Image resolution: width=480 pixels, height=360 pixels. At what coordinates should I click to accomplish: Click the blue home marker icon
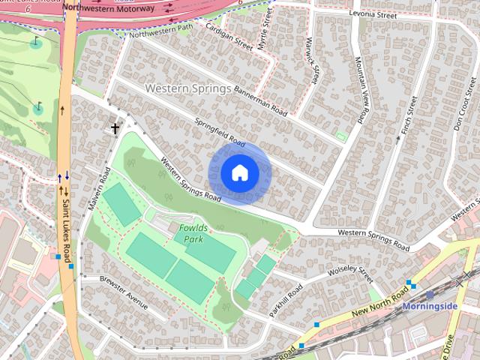[x=239, y=173]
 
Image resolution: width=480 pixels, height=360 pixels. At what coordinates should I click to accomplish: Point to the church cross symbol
[x=115, y=129]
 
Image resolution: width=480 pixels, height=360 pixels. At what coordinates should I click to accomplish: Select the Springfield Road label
[x=220, y=132]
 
